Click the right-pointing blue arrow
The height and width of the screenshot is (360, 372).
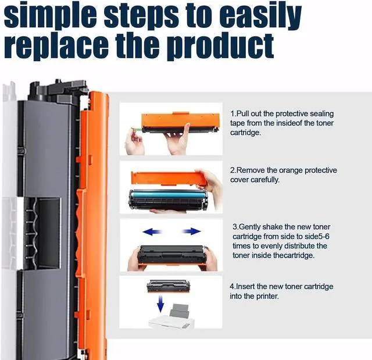pos(191,231)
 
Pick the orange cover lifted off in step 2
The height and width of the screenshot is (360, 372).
pos(169,177)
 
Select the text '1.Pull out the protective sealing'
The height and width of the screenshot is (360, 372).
pos(282,113)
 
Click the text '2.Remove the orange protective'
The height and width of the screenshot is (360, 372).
pos(283,170)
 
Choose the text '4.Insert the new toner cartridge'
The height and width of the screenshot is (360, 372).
pos(281,286)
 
